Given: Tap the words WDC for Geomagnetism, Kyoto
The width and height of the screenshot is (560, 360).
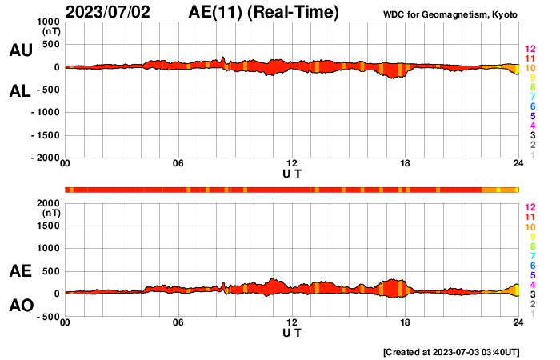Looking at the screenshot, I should [x=450, y=14].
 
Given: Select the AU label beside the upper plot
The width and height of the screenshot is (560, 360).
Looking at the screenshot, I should [x=20, y=50].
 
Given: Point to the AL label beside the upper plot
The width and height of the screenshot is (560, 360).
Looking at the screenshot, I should [x=20, y=91].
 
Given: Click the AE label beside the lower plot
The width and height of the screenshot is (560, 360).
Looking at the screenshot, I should [x=20, y=272].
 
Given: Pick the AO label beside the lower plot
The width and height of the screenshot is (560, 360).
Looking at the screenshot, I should [x=20, y=306].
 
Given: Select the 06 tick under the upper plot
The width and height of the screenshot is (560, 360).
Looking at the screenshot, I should [x=178, y=164].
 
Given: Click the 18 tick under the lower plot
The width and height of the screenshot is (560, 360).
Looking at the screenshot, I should [x=406, y=322].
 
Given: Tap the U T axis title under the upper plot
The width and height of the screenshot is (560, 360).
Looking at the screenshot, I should [x=292, y=173].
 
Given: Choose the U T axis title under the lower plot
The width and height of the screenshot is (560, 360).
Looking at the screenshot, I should [x=292, y=331].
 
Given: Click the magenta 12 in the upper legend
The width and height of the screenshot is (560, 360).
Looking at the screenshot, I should [x=529, y=49].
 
